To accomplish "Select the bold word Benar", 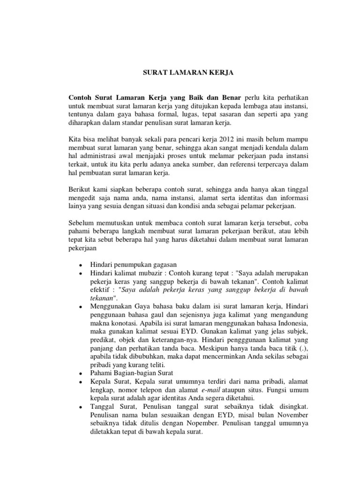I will point(230,97).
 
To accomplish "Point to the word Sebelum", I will point(81,222).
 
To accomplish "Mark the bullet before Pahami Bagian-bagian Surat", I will point(81,374).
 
